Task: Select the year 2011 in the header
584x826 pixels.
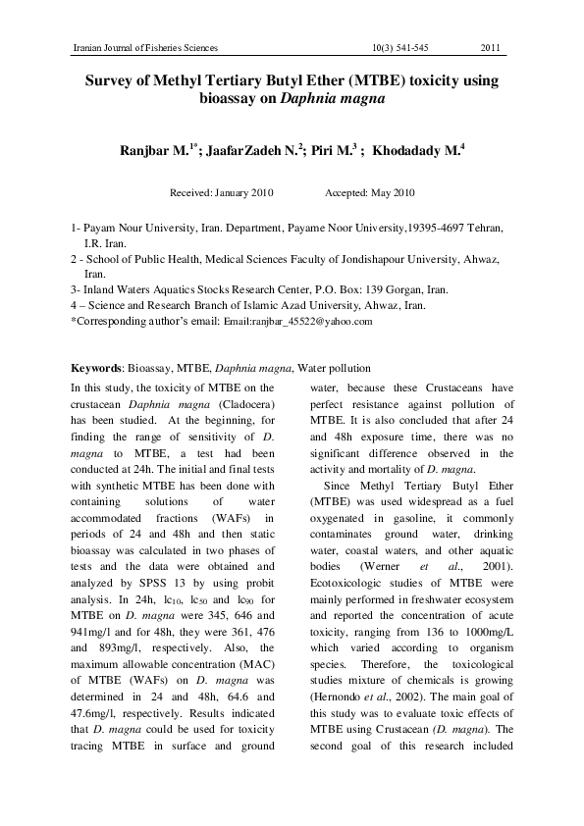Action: pyautogui.click(x=493, y=48)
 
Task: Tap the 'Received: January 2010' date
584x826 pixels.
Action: pyautogui.click(x=222, y=192)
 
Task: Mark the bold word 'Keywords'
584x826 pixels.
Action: pyautogui.click(x=95, y=368)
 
